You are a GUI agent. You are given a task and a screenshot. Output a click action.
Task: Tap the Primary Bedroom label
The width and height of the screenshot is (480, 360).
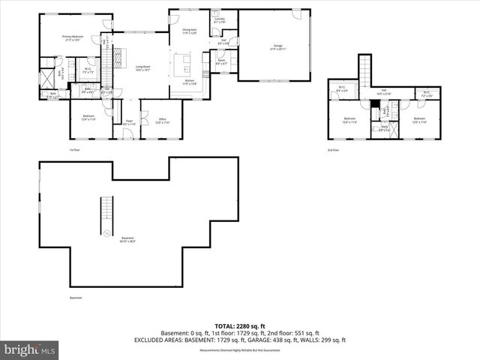73,37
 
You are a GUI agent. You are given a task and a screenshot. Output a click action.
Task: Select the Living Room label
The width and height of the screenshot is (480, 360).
143,68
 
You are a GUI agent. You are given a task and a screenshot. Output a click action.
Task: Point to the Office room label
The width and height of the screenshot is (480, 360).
162,120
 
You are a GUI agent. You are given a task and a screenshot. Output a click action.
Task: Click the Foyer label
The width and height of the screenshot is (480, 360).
129,121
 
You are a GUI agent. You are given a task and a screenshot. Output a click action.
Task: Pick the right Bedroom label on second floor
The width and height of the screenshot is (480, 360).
418,120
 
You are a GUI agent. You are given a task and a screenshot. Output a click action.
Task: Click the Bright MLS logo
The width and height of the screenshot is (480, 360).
31,349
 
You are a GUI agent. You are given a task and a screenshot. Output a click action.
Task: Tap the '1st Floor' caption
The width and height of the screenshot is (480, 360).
74,149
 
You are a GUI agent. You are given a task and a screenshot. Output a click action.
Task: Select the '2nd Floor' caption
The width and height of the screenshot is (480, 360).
332,149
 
